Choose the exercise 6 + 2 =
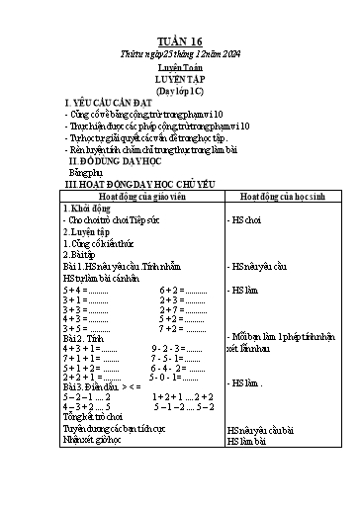tap(183, 290)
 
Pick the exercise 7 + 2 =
tap(183, 309)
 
